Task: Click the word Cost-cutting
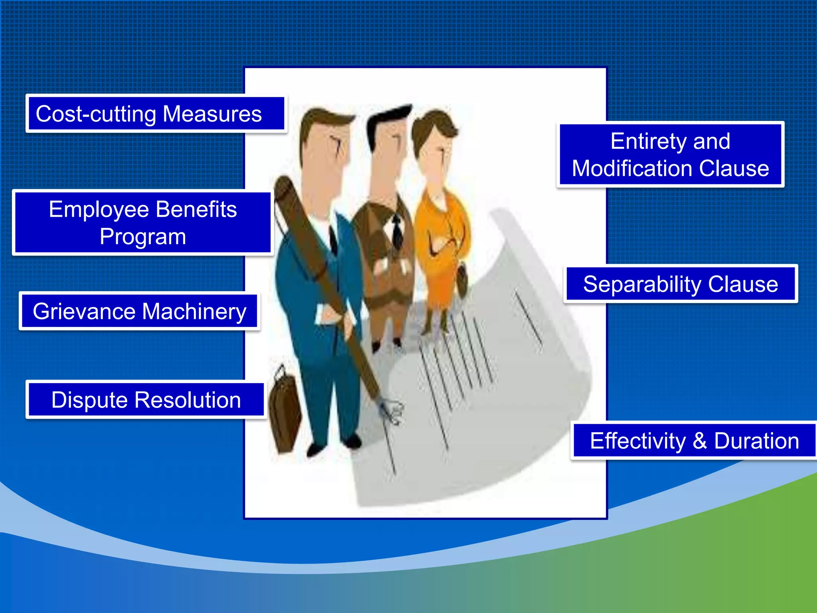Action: [96, 114]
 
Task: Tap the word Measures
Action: [212, 114]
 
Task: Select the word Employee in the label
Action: [100, 210]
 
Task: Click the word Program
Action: [143, 237]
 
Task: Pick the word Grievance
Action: [84, 312]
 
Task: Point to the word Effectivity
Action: [637, 441]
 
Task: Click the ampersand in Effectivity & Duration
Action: [700, 441]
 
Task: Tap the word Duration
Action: [756, 441]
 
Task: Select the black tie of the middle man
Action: [397, 231]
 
